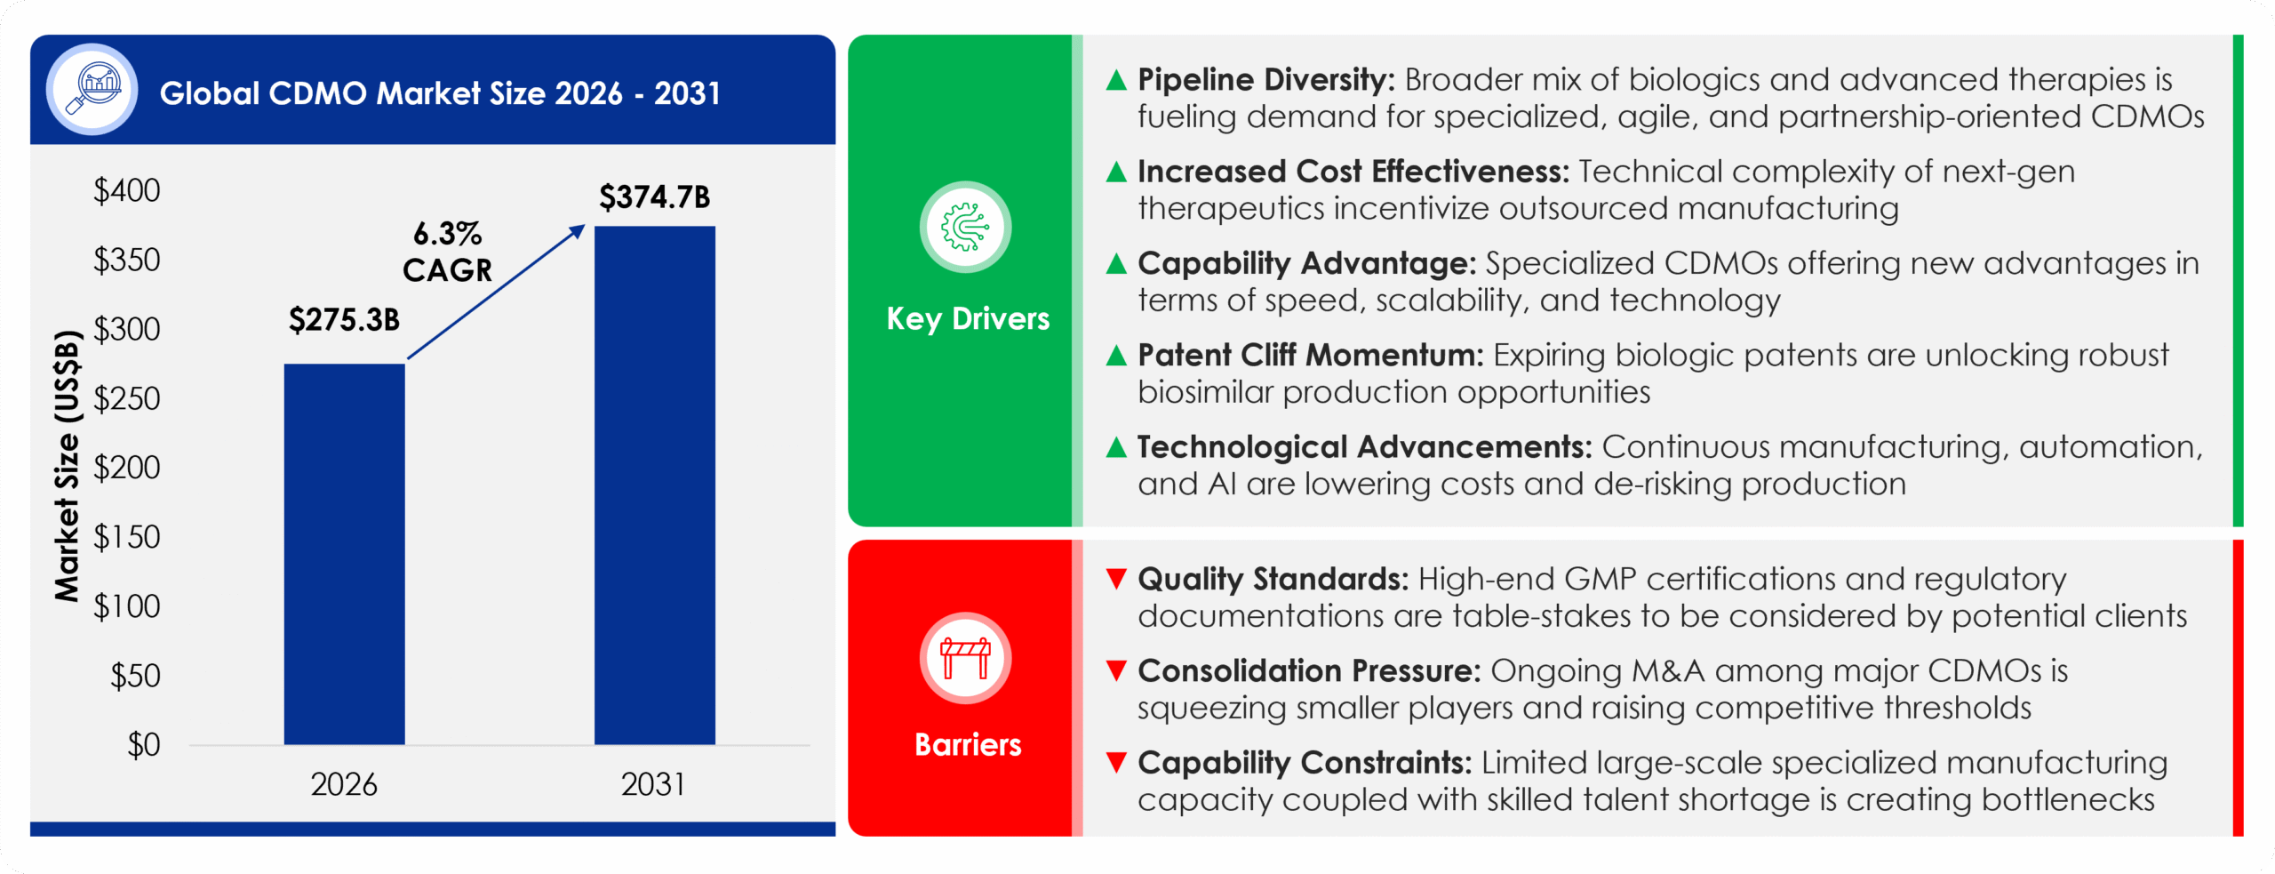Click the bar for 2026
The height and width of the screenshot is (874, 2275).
(345, 554)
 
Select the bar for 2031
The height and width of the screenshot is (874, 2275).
(655, 485)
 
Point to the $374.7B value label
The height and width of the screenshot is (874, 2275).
(655, 196)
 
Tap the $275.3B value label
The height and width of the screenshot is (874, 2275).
(345, 319)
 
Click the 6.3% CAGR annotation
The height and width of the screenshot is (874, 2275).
(447, 252)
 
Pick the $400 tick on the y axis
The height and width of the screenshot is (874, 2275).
(127, 190)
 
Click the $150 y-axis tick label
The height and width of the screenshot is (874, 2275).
(127, 537)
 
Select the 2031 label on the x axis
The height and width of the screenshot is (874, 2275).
(653, 784)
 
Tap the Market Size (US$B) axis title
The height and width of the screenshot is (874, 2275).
(68, 466)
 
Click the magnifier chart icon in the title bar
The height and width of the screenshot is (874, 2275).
(92, 89)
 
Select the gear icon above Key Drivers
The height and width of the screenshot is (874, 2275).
(965, 227)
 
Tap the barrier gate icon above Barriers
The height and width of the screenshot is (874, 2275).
(965, 658)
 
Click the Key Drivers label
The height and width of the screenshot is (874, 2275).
(968, 318)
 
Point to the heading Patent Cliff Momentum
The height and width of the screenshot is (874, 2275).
(1311, 355)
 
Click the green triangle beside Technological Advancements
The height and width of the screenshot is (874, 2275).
(1116, 446)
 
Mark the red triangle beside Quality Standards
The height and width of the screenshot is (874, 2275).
(1116, 579)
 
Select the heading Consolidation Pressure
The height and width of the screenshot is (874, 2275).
(1309, 670)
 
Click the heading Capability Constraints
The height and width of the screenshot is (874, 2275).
(1305, 763)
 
